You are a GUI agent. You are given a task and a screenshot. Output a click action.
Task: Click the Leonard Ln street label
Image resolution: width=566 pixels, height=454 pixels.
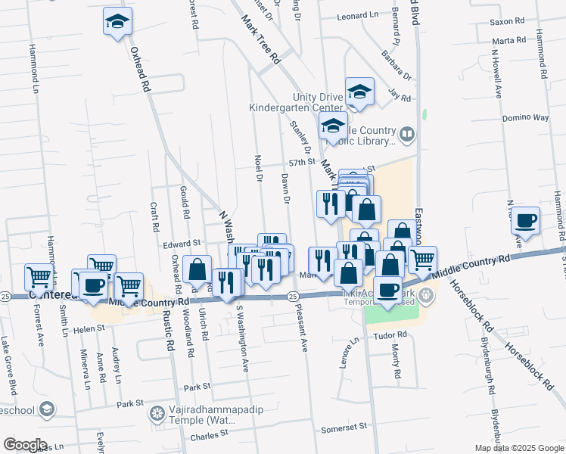(357, 15)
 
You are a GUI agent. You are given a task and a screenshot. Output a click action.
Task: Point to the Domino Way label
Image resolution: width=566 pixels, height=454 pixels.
(525, 118)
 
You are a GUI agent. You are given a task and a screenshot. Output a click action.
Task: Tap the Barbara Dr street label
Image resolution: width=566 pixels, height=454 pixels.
(396, 76)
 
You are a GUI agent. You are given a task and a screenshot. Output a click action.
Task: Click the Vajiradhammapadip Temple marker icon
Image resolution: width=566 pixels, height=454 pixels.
(157, 413)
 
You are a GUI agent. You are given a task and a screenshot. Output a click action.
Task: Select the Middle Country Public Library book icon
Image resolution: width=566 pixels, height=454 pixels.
(407, 135)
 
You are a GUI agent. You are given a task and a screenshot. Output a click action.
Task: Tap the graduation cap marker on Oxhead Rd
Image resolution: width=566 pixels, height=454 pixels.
(117, 23)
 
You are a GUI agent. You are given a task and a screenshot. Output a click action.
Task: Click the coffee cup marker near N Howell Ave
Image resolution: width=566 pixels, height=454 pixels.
(525, 221)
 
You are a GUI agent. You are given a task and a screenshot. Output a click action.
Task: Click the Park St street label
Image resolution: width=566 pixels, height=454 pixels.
(196, 387)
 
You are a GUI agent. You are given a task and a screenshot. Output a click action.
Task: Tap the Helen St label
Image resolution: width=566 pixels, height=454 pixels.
(88, 328)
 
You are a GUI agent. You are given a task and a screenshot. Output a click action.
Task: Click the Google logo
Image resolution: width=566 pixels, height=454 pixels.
(25, 445)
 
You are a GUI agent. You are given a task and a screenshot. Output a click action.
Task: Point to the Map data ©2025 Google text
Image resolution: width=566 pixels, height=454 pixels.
(519, 448)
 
